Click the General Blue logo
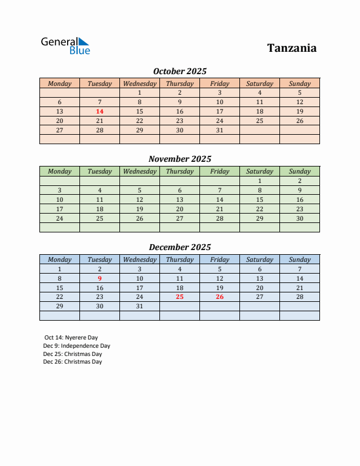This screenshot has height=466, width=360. click(x=65, y=46)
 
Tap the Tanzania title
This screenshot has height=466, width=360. click(x=292, y=48)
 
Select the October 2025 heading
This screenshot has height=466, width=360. click(x=179, y=71)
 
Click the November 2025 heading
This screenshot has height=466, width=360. click(x=179, y=159)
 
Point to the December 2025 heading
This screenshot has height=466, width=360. click(x=179, y=247)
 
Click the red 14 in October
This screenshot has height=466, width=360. click(x=99, y=111)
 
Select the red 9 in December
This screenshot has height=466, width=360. click(x=99, y=278)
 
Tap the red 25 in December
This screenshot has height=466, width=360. click(x=179, y=297)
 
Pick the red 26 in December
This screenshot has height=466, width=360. click(x=219, y=297)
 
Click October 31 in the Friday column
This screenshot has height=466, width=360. click(x=219, y=130)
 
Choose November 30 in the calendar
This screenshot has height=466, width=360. click(x=299, y=218)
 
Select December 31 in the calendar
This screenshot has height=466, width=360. click(x=139, y=307)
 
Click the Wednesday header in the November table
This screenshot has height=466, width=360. click(x=139, y=171)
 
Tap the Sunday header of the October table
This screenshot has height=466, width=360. click(x=299, y=84)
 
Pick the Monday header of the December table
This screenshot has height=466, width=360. click(x=59, y=259)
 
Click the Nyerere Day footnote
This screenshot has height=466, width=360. click(x=71, y=338)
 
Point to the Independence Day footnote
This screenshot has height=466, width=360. click(x=76, y=346)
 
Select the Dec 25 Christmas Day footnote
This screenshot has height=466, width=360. click(x=72, y=354)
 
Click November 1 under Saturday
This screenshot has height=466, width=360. click(x=259, y=181)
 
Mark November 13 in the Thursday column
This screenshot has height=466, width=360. click(x=179, y=199)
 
